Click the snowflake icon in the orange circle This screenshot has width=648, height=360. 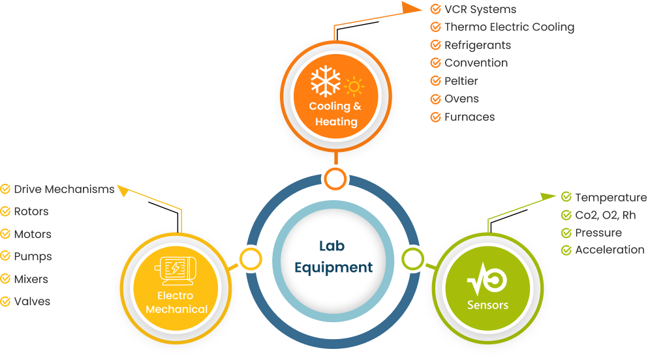[325, 82]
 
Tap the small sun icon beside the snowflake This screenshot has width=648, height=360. [354, 86]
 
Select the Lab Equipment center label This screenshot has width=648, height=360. [333, 256]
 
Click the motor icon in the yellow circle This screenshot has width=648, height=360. [176, 269]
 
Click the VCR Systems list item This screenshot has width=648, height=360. [480, 9]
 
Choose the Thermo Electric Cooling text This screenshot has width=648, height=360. [509, 27]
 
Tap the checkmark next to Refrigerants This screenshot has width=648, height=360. [435, 45]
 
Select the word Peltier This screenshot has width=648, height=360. [461, 81]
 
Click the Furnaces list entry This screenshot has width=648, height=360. [469, 117]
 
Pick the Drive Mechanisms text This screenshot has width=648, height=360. [64, 189]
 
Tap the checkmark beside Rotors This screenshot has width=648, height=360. [5, 211]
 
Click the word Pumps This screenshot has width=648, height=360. [33, 256]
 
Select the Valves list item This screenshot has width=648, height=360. [32, 301]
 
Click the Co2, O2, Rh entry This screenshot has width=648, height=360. [605, 215]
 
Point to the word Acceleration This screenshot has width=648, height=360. [609, 250]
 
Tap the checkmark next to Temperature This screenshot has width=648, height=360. [566, 197]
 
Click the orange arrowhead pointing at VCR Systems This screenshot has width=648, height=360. [412, 8]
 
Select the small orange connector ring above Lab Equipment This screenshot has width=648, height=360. [335, 178]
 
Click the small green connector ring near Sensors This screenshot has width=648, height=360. [412, 259]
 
